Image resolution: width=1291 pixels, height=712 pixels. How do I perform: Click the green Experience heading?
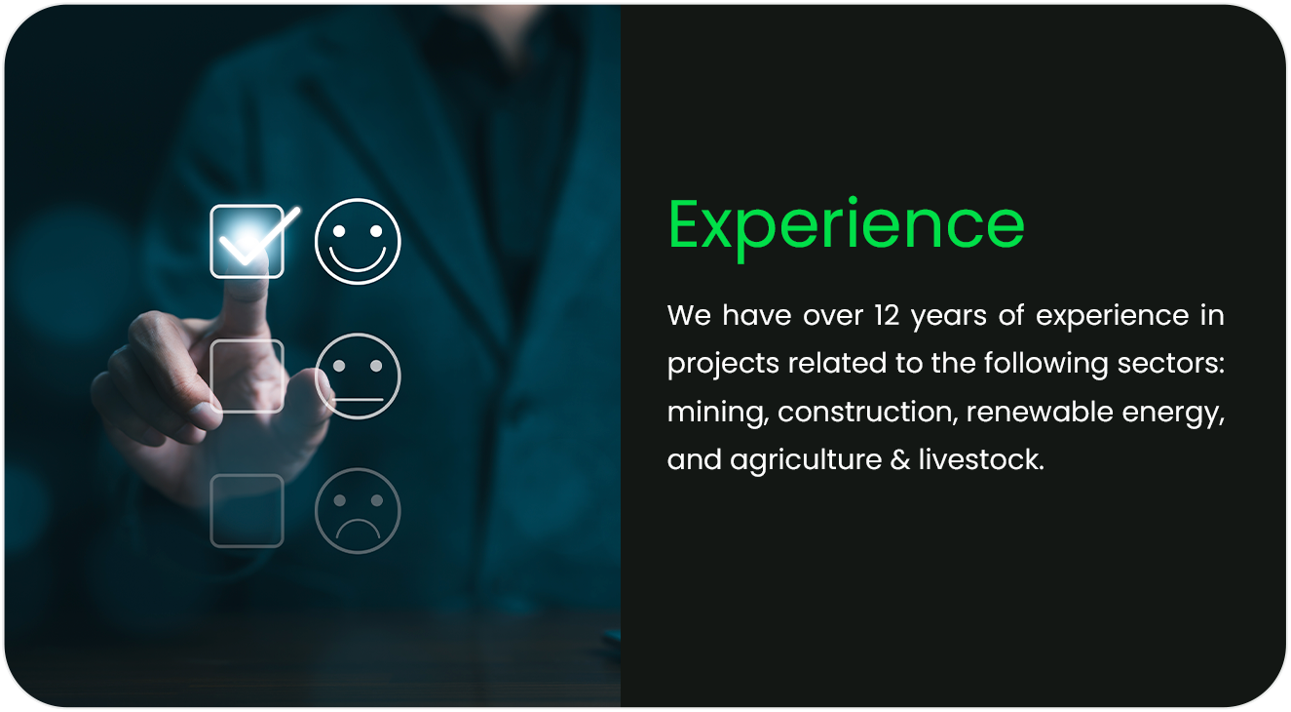[x=846, y=226]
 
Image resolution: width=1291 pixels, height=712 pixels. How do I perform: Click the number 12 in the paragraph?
[x=887, y=316]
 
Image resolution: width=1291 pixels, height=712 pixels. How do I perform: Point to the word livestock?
[x=981, y=459]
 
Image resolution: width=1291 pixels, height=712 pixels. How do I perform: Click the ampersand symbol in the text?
[x=900, y=460]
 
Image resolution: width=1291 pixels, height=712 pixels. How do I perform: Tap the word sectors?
[x=1171, y=364]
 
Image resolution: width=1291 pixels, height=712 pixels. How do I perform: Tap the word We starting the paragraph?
[x=689, y=316]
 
